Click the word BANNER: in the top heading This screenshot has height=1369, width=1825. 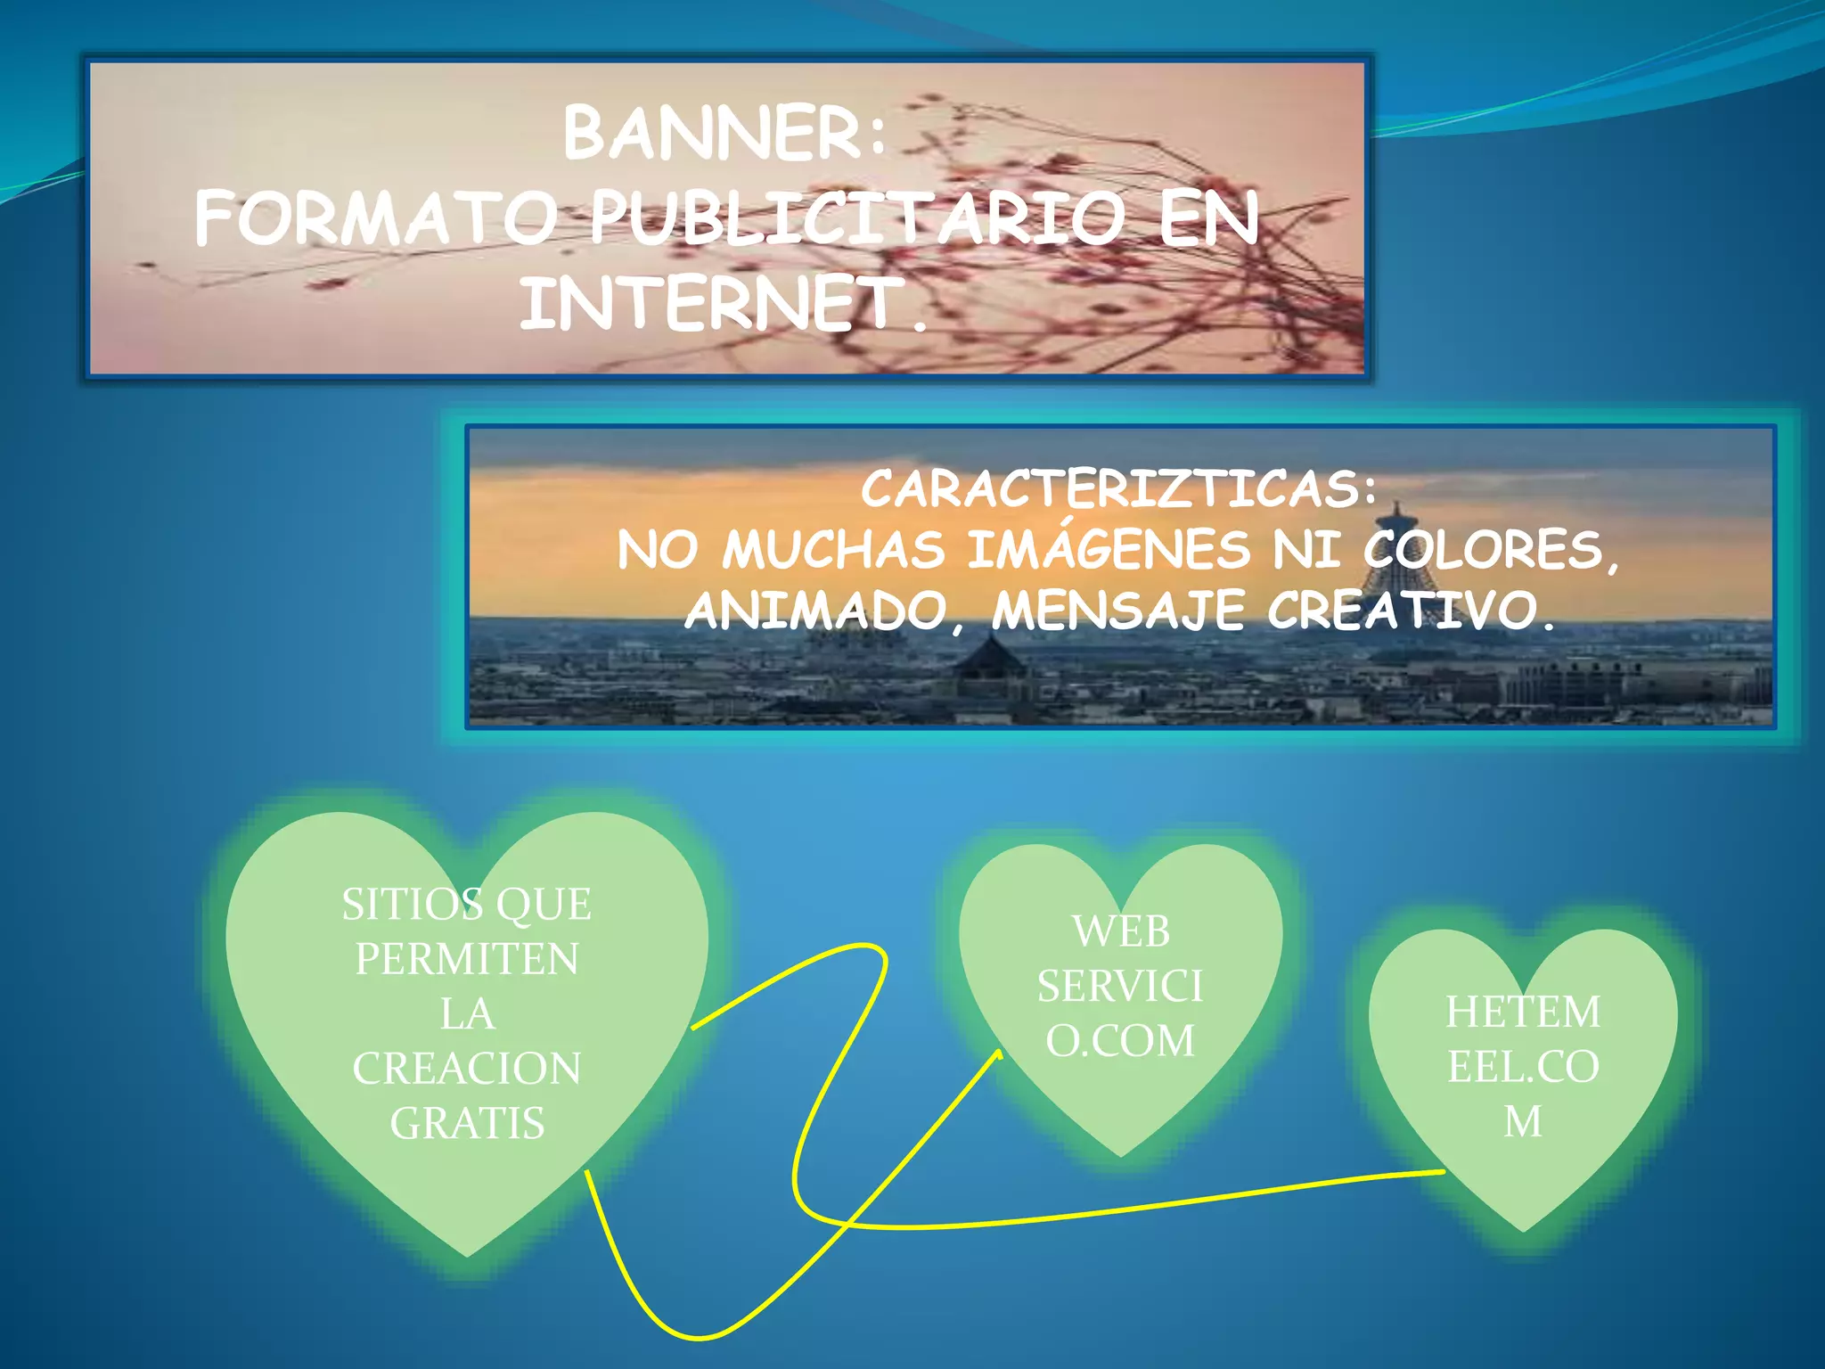tap(724, 134)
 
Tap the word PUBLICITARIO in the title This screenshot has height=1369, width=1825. tap(855, 219)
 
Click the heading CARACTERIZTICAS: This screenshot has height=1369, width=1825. tap(1118, 489)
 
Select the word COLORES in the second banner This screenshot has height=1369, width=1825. tap(1490, 549)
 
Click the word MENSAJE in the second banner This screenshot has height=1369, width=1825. tap(1117, 611)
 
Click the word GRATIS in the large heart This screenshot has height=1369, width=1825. tap(467, 1123)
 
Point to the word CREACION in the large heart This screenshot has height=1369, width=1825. tap(467, 1069)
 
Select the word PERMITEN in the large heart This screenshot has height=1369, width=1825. tap(467, 960)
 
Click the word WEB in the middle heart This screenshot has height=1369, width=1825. tap(1120, 932)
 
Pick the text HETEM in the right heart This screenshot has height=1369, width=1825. tap(1523, 1012)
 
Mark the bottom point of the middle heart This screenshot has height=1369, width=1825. tap(1120, 1156)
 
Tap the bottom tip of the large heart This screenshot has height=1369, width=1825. tap(467, 1256)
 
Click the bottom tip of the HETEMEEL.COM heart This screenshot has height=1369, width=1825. tap(1523, 1232)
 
